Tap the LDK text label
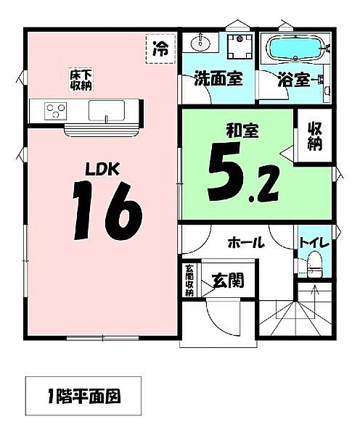[x=102, y=169]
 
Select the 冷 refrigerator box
[x=160, y=49]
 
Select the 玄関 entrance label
[x=227, y=280]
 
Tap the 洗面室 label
[x=217, y=79]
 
